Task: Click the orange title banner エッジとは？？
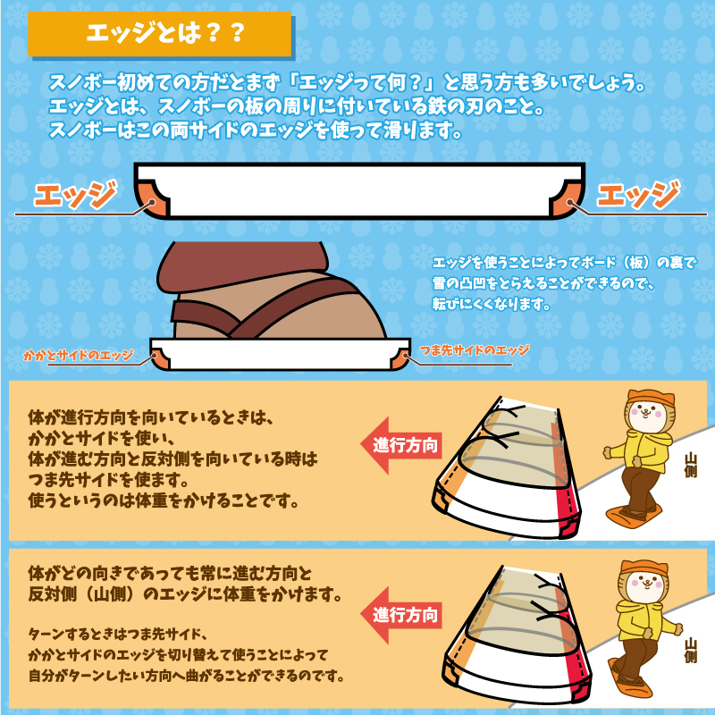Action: (161, 34)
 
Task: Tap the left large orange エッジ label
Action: (75, 194)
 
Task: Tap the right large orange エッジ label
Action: (637, 194)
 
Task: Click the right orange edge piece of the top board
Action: (564, 198)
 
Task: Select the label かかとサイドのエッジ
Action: (79, 356)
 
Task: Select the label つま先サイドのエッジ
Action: (474, 350)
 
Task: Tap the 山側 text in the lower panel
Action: (690, 650)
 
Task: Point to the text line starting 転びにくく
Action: (489, 304)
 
